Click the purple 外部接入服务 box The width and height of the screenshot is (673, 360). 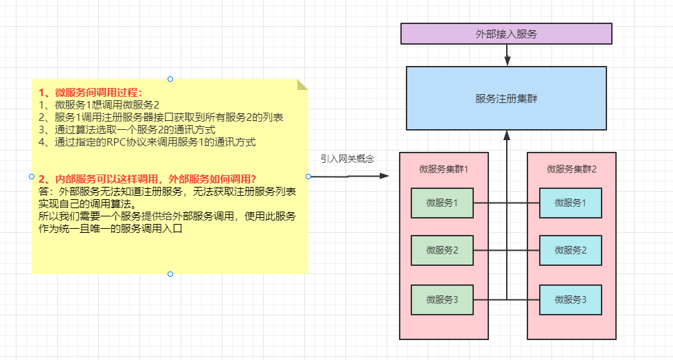tap(505, 34)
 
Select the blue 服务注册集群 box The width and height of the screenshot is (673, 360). tap(505, 98)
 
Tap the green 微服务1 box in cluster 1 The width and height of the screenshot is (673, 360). tap(442, 203)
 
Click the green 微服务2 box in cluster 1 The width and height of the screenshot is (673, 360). tap(442, 251)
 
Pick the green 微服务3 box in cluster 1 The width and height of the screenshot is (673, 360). tap(442, 300)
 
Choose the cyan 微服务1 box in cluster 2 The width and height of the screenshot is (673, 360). tap(570, 203)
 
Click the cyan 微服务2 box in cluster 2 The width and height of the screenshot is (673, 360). tap(570, 251)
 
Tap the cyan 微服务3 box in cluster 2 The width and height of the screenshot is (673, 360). tap(570, 300)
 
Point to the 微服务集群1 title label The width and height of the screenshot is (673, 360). tap(444, 168)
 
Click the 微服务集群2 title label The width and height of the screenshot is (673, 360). tap(571, 168)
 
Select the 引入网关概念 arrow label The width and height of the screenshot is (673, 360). tap(347, 159)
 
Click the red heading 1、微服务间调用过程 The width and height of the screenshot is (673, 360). tap(90, 93)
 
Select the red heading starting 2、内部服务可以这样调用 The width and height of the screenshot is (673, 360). tap(148, 179)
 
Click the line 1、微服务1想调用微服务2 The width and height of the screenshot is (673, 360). tap(99, 105)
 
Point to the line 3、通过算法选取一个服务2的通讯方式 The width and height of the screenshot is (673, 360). tap(127, 130)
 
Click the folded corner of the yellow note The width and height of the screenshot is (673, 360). tap(302, 85)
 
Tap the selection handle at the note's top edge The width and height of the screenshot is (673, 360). tap(170, 79)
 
